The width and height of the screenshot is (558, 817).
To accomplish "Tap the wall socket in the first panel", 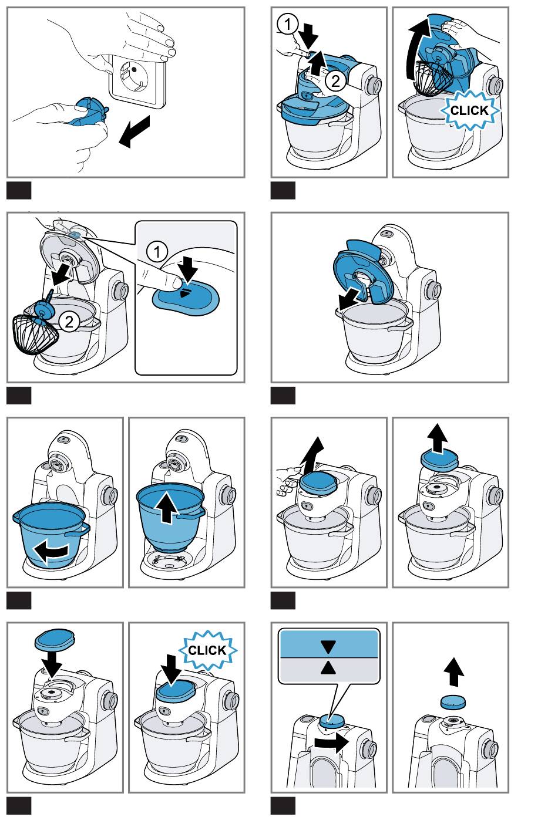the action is [137, 82].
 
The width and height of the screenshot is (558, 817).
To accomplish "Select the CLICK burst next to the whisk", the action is [469, 110].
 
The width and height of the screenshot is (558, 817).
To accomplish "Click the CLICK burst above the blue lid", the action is [207, 650].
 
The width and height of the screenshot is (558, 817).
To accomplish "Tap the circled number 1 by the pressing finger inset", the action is [157, 252].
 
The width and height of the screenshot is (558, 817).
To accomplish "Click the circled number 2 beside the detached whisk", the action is [69, 322].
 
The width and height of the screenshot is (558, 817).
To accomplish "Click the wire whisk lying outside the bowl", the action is [35, 335].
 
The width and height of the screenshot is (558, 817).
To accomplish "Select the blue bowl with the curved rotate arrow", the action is [51, 535].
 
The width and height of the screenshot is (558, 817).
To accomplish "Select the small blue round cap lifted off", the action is [453, 702].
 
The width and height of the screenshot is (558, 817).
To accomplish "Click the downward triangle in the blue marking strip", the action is [328, 646].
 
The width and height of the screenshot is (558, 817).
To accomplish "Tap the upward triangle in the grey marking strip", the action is [328, 668].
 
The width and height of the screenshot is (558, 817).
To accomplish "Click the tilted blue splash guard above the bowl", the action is [363, 272].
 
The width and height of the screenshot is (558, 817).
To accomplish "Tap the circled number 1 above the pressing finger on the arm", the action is [288, 24].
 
